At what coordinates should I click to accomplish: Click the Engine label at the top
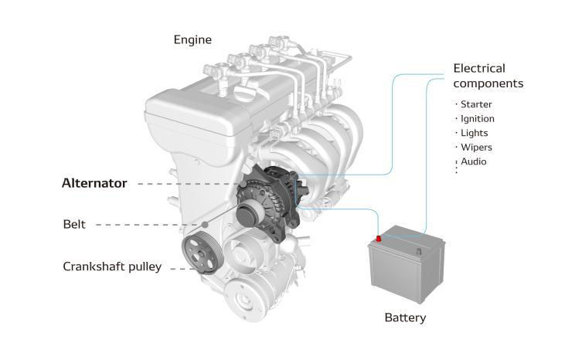[192, 39]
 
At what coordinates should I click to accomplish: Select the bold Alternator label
[94, 184]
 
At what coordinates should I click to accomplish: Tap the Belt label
[74, 225]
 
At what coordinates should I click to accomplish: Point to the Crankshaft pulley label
[112, 267]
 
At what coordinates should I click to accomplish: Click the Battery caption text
[405, 318]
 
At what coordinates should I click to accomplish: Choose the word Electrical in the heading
[479, 68]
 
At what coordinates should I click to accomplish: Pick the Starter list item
[476, 104]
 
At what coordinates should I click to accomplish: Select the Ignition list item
[477, 119]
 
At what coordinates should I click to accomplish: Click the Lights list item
[474, 133]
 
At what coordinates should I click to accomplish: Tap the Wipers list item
[476, 147]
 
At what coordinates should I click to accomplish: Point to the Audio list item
[474, 161]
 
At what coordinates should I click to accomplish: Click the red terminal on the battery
[378, 239]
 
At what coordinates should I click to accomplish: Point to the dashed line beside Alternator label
[185, 184]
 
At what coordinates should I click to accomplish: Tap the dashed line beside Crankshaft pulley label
[179, 268]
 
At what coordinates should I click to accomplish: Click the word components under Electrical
[488, 83]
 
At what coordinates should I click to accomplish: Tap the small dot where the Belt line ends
[205, 224]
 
